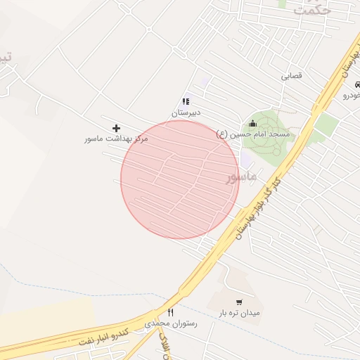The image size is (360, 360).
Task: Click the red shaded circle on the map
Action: point(179,179)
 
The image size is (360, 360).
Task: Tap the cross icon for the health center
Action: point(116,128)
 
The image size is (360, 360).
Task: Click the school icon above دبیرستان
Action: point(186,102)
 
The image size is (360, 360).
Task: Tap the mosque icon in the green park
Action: point(253,123)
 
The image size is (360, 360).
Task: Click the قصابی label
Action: point(291,75)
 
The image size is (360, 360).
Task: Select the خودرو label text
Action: point(351,94)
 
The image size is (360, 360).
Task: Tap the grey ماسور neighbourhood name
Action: point(241,176)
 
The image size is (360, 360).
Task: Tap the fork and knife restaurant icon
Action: point(170,312)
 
